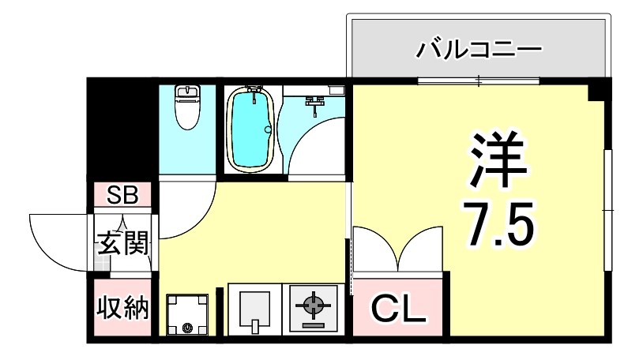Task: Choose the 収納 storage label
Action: [x=122, y=309]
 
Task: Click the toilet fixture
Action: [x=186, y=107]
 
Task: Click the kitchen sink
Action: [x=254, y=308]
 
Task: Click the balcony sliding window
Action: [x=479, y=81]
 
